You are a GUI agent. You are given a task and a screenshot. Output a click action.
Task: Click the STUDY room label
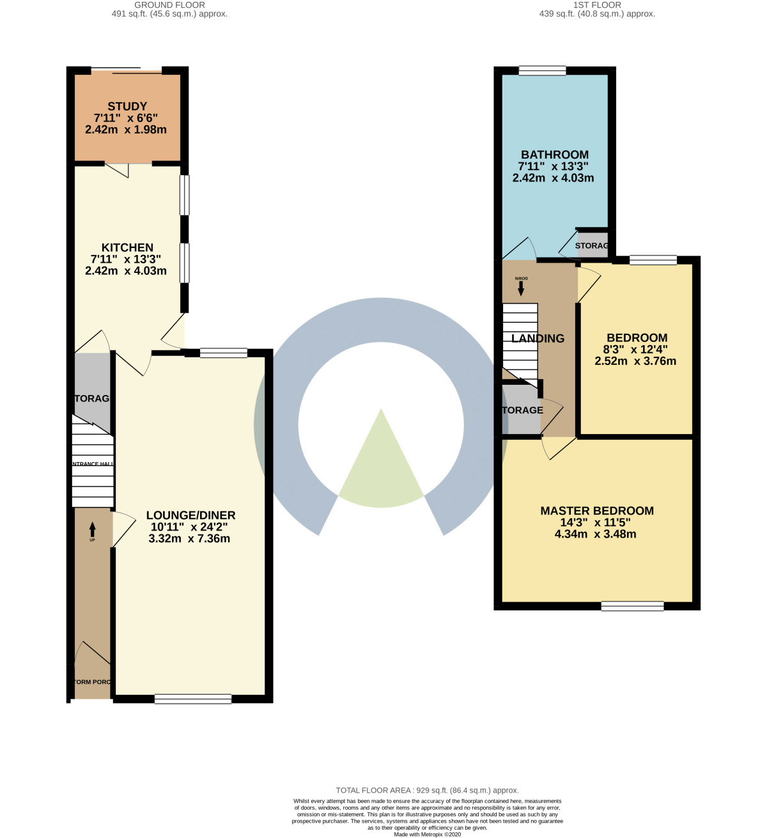click(x=127, y=106)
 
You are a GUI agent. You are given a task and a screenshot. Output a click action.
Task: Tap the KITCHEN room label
click(x=127, y=247)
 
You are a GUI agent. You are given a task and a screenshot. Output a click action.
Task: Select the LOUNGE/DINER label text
click(x=190, y=515)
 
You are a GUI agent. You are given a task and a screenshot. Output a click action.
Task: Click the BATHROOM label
click(x=554, y=155)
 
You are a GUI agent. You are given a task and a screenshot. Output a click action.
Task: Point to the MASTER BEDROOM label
click(x=597, y=511)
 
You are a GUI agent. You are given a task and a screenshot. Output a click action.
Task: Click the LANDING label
click(x=538, y=339)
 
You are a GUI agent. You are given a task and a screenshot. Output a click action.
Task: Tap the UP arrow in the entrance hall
click(x=92, y=529)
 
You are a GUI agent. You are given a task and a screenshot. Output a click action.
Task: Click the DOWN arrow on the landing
click(x=521, y=288)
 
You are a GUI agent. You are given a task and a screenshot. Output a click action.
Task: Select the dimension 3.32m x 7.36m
click(x=189, y=539)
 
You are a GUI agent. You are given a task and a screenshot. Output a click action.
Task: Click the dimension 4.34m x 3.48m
click(x=595, y=534)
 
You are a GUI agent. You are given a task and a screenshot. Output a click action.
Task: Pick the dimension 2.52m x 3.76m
click(x=635, y=361)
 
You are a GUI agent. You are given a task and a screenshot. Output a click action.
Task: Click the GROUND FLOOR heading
click(x=169, y=5)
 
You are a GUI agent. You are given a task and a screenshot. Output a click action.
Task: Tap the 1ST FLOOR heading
click(x=597, y=5)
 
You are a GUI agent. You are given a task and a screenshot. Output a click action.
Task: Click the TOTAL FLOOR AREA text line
click(x=427, y=791)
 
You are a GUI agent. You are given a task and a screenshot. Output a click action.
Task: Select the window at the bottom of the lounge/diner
click(x=193, y=699)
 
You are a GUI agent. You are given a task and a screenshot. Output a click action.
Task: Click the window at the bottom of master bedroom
click(x=632, y=607)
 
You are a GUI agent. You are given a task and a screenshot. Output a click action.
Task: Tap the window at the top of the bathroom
click(x=542, y=70)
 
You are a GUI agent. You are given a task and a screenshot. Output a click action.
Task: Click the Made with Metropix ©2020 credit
click(x=427, y=834)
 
